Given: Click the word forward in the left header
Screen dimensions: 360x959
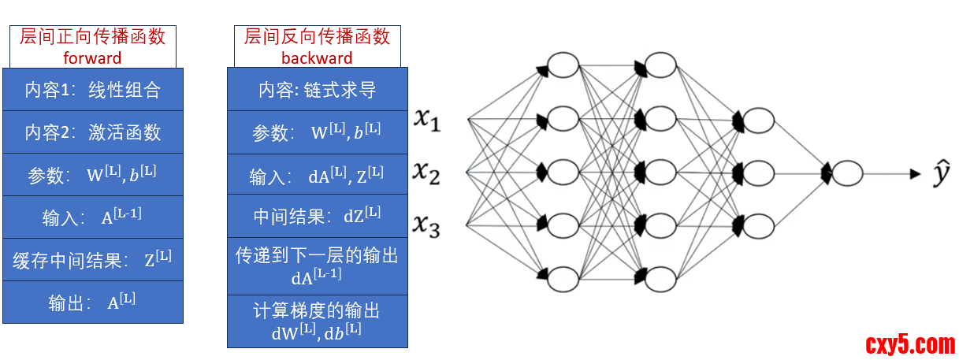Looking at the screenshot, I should (x=92, y=58).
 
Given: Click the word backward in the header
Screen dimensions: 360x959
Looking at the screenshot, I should (x=317, y=58).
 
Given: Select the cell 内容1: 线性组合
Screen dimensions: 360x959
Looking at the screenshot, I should (x=92, y=90).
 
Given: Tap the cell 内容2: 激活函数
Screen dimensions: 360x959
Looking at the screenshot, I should (x=92, y=132).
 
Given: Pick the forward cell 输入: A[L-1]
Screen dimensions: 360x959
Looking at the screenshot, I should (x=92, y=217).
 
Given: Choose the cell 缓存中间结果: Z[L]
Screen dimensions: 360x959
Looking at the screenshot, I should (x=92, y=260).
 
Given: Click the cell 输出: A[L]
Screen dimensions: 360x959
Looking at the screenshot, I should (x=92, y=302).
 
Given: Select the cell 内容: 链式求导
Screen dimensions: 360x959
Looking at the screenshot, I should (x=317, y=90).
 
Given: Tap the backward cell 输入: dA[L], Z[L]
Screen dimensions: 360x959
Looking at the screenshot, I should (x=317, y=175).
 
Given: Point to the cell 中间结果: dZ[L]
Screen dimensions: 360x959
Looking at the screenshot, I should (x=317, y=217).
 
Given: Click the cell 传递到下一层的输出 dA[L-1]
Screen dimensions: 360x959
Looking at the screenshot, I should (x=317, y=265).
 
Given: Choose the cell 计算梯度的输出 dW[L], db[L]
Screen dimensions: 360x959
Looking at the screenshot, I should (x=317, y=321).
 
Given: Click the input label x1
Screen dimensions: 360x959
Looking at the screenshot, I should (x=429, y=120).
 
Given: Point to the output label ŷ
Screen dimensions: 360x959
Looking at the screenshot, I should (x=941, y=174).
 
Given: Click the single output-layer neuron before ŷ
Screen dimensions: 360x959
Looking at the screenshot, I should (x=847, y=173).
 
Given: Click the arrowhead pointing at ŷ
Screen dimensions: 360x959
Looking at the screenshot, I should (x=915, y=173).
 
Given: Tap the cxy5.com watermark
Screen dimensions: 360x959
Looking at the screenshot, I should (x=910, y=344).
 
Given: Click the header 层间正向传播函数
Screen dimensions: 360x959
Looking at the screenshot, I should (x=92, y=36).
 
